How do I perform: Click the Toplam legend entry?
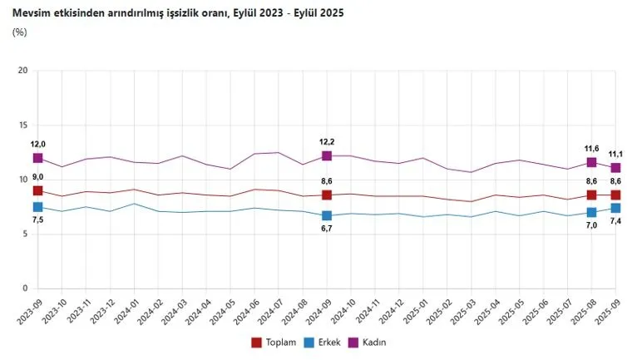(x=274, y=342)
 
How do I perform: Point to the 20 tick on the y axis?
(x=22, y=71)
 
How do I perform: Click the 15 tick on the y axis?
(x=22, y=126)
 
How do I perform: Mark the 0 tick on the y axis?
(x=25, y=288)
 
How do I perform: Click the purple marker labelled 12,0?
(x=37, y=158)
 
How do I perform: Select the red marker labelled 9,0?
(x=37, y=191)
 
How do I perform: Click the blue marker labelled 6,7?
(x=327, y=216)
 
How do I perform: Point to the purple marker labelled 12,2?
(x=327, y=155)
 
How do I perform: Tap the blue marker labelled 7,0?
(x=592, y=213)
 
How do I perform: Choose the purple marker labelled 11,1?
(x=616, y=168)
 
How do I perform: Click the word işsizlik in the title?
(x=167, y=13)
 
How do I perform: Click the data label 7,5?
(x=38, y=220)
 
